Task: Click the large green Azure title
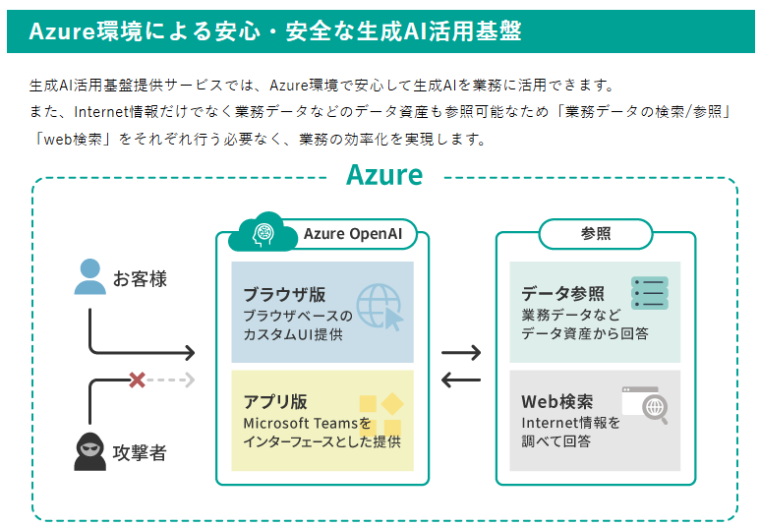(x=384, y=176)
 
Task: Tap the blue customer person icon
(x=89, y=277)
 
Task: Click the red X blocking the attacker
(x=138, y=379)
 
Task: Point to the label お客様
(x=140, y=279)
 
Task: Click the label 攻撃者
(x=140, y=453)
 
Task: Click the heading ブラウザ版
(x=283, y=294)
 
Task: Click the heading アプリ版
(x=275, y=401)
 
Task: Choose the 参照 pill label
(x=595, y=234)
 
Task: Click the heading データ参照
(x=562, y=294)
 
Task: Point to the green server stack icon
(x=650, y=293)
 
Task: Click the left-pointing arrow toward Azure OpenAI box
(x=461, y=380)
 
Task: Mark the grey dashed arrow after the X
(x=173, y=379)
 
